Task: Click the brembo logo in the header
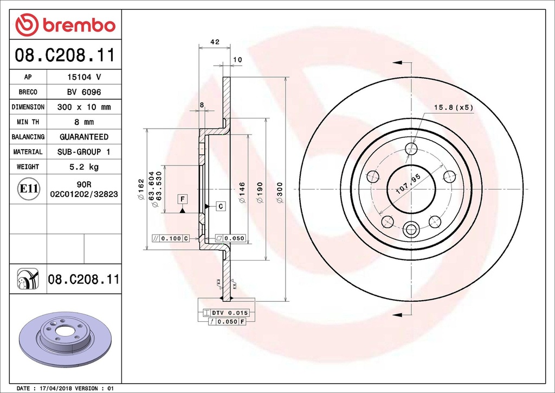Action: pos(65,24)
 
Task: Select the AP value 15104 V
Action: pos(83,77)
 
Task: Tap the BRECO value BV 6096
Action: pos(83,92)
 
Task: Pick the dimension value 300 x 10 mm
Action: pos(83,107)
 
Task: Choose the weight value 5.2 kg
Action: pos(83,167)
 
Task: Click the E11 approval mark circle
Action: pos(28,189)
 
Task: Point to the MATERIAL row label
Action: pos(28,152)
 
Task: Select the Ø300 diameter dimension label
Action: pos(280,193)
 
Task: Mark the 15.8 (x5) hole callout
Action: pos(454,107)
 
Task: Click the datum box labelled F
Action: pos(183,199)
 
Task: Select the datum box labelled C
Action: pos(221,206)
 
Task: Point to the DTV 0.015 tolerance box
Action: pos(225,313)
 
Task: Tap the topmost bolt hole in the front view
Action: pos(411,149)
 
